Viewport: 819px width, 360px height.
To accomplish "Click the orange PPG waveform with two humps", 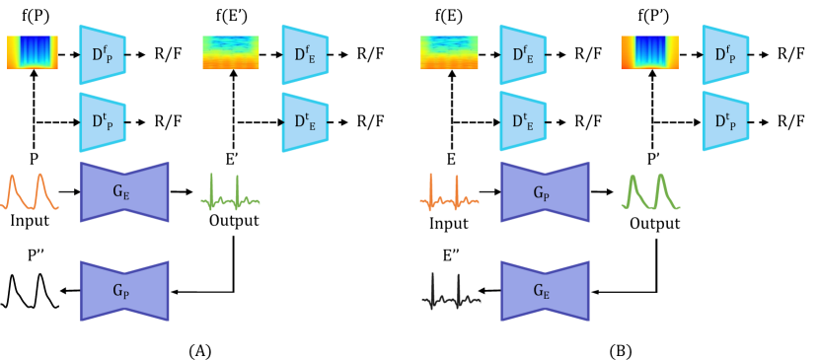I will coord(30,192).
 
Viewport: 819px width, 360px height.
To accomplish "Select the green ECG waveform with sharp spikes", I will coord(230,193).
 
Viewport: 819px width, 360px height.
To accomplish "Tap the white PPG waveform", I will coord(30,291).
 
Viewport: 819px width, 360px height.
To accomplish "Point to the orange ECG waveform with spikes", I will coord(449,193).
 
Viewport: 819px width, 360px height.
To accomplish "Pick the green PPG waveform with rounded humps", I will coord(650,192).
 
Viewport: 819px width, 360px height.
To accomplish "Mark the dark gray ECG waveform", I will coord(451,292).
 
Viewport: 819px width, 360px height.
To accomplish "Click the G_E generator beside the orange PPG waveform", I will coord(124,192).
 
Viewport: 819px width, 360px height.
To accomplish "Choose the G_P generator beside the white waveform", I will coord(124,291).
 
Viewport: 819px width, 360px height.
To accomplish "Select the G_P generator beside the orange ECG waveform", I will coord(545,192).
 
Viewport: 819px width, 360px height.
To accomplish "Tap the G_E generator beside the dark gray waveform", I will coord(545,291).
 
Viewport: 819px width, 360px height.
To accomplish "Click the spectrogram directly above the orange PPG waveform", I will coord(33,53).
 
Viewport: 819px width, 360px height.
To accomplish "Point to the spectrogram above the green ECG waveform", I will coord(231,53).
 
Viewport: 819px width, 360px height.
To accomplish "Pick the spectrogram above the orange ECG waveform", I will coord(449,53).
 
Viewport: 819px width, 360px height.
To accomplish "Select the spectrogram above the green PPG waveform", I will coord(650,53).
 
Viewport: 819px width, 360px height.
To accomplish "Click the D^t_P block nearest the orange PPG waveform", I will coord(103,122).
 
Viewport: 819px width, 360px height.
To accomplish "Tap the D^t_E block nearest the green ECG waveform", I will coord(305,122).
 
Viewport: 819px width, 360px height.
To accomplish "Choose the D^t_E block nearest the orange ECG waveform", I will coord(523,122).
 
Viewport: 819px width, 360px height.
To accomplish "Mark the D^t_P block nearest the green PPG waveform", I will coord(725,122).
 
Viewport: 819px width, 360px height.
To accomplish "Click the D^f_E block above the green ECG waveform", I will coord(305,55).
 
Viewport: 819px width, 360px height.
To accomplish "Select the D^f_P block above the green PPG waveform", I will coord(725,55).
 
